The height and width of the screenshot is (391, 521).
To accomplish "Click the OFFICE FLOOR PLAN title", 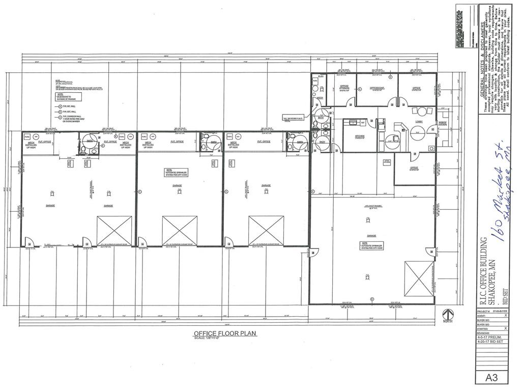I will [x=224, y=333].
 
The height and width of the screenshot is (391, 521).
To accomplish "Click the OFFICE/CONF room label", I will [x=377, y=88].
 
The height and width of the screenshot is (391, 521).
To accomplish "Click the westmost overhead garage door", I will [x=114, y=231].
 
